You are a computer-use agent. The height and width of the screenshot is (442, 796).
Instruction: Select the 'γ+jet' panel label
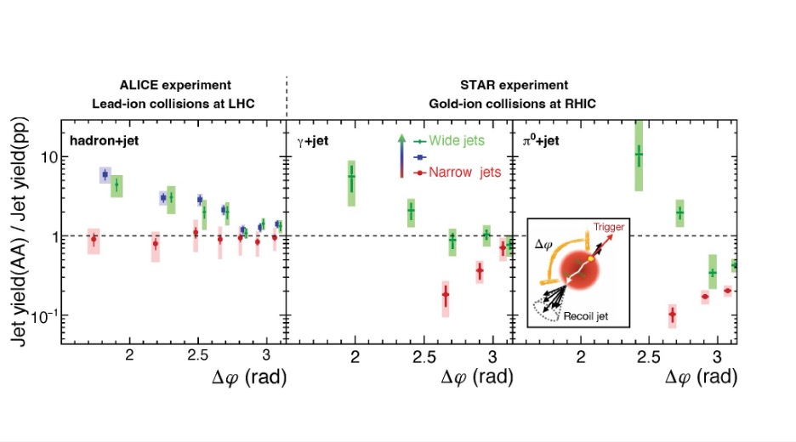(312, 139)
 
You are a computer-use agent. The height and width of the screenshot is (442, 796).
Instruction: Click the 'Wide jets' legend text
(460, 139)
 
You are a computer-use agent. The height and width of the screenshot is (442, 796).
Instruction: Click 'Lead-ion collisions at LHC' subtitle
(176, 103)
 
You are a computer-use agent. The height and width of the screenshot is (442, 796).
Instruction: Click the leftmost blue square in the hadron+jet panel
(105, 175)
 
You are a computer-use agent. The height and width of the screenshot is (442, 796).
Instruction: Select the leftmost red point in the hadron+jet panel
(94, 240)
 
